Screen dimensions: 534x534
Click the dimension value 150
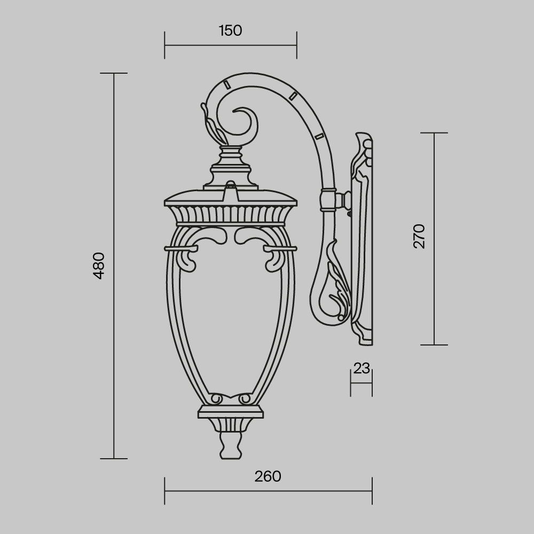[x=230, y=31]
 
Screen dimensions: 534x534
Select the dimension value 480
[x=99, y=265]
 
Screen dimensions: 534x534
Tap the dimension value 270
[x=420, y=236]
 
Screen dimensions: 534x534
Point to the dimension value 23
[x=362, y=368]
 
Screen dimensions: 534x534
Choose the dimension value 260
[x=268, y=476]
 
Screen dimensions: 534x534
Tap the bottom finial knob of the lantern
[x=230, y=446]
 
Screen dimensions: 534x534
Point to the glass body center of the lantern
[x=230, y=320]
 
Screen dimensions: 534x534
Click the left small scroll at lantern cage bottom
[x=216, y=399]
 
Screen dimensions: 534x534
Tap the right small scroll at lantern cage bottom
[x=245, y=399]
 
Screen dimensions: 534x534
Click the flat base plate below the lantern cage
[x=230, y=412]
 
